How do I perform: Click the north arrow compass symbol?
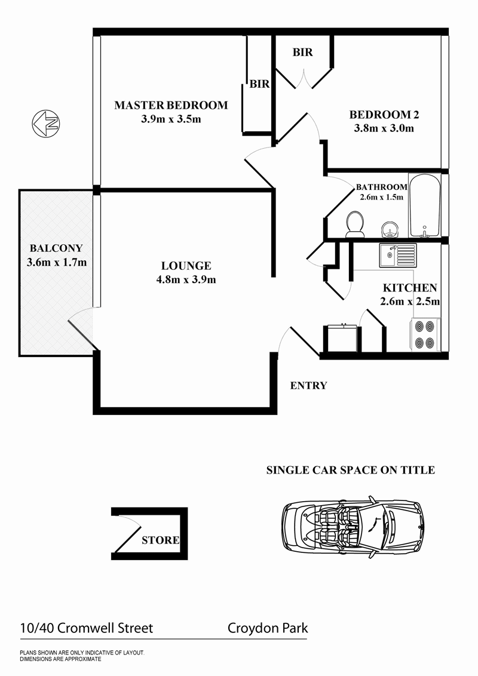[x=47, y=124]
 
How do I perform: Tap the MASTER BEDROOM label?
[x=171, y=105]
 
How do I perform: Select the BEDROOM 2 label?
[x=381, y=114]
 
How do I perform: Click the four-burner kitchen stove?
[x=425, y=335]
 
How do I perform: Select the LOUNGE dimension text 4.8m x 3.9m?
[x=186, y=278]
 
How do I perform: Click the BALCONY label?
[x=56, y=248]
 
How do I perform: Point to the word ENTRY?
[x=308, y=386]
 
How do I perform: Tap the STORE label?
[x=160, y=540]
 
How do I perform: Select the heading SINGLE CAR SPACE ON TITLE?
[x=350, y=471]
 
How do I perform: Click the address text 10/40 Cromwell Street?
[x=86, y=628]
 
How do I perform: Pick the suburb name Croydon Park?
[x=268, y=628]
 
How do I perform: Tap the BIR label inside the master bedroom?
[x=259, y=84]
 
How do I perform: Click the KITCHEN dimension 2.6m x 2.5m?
[x=410, y=302]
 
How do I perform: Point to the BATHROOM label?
[x=381, y=187]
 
